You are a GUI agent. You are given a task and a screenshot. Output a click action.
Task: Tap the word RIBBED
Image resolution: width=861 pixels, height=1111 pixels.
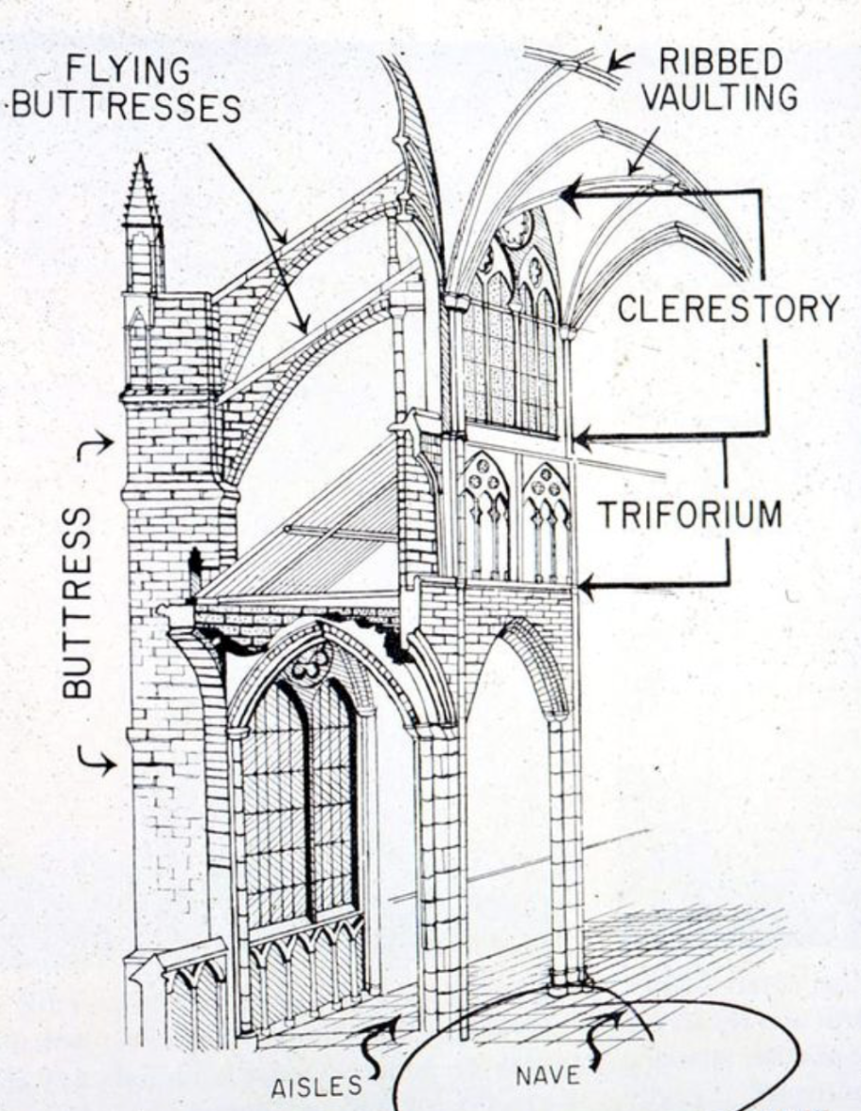pyautogui.click(x=721, y=62)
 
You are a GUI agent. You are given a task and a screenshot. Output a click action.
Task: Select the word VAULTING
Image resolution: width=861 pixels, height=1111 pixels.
pyautogui.click(x=721, y=97)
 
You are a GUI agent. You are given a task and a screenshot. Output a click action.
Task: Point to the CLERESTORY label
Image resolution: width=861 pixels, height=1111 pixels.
pyautogui.click(x=728, y=309)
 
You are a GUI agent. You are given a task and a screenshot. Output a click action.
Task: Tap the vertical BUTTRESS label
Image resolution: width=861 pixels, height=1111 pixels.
pyautogui.click(x=79, y=603)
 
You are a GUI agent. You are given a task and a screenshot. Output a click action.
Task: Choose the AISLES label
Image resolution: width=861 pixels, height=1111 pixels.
pyautogui.click(x=316, y=1086)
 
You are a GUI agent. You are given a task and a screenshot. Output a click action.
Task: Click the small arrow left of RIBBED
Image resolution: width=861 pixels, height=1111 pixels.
pyautogui.click(x=621, y=62)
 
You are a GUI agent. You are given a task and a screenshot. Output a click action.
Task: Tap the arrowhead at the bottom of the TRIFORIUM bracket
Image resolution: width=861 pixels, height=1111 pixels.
pyautogui.click(x=583, y=588)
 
